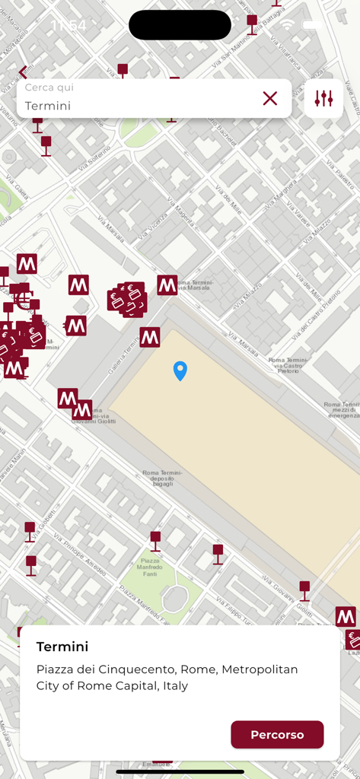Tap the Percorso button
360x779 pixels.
[x=277, y=735]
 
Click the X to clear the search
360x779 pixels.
[x=270, y=98]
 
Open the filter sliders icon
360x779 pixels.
[x=324, y=98]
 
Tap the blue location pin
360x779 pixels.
[x=180, y=370]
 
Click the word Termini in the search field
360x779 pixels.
[x=48, y=106]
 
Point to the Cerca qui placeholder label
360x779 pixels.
[x=49, y=87]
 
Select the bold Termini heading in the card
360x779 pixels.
[x=62, y=647]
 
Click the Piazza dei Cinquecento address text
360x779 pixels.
[x=167, y=677]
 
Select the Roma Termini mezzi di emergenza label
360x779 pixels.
[x=341, y=409]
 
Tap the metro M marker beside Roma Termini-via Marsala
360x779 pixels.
[x=167, y=285]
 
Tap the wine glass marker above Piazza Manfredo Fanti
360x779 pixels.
[x=155, y=539]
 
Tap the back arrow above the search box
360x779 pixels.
[x=23, y=72]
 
